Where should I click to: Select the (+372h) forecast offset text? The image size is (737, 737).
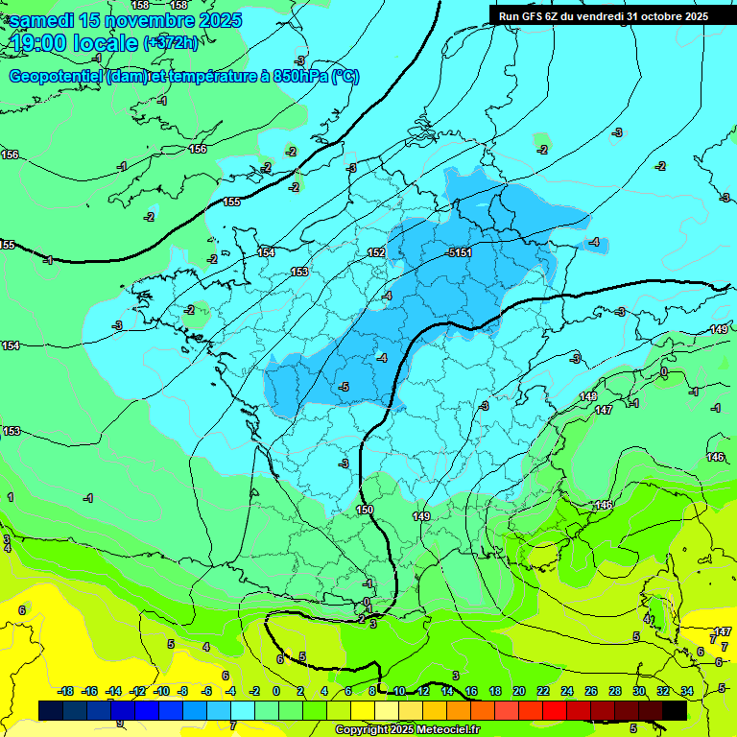[x=171, y=43]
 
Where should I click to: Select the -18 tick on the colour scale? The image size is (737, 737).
[x=66, y=691]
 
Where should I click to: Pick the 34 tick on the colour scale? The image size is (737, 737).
[x=687, y=691]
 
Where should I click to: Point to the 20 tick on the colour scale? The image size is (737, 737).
[x=518, y=691]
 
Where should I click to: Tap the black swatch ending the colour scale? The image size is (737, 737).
[x=675, y=710]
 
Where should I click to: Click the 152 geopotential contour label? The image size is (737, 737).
[x=376, y=252]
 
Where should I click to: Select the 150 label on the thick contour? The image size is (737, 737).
[x=365, y=510]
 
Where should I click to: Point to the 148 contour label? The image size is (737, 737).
[x=588, y=396]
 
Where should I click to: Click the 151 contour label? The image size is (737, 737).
[x=463, y=252]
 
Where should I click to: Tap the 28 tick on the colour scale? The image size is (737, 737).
[x=614, y=691]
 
